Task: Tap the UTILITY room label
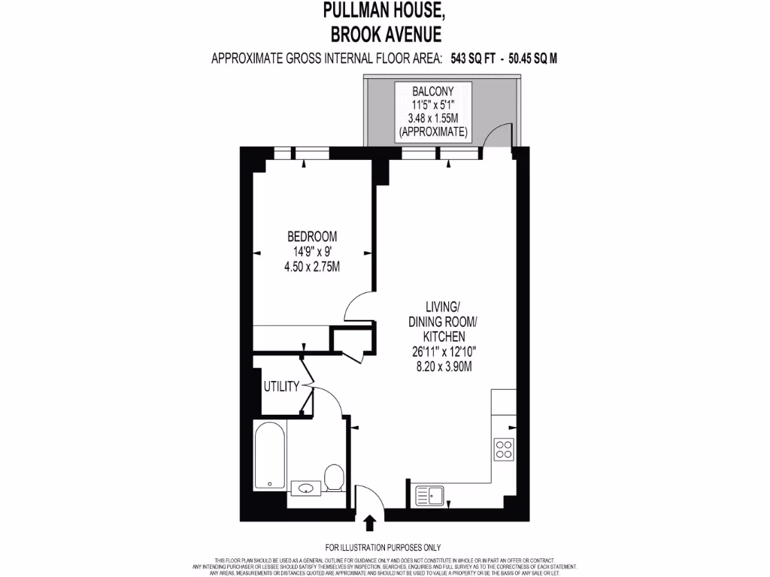(281, 387)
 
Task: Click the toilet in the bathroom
(333, 476)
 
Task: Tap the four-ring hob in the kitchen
(503, 449)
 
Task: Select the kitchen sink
(431, 495)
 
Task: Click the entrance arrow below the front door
(370, 522)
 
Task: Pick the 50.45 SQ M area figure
(532, 59)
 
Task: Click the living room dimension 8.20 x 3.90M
(443, 366)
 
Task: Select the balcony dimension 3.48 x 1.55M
(433, 119)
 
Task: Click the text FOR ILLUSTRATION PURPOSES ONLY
(383, 548)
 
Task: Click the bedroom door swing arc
(356, 305)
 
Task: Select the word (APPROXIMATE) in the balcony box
(433, 132)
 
